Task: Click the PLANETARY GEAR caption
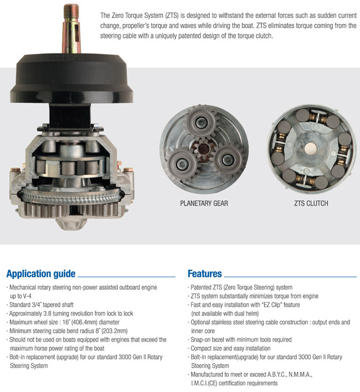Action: pos(204,203)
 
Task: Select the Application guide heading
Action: pos(41,273)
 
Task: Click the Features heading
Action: pos(205,273)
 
